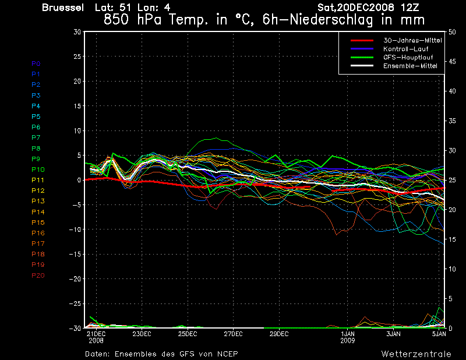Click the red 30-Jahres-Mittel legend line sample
point(362,40)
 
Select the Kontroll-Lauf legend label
point(405,49)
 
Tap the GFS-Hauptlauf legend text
point(408,57)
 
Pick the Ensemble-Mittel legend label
point(410,66)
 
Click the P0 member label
point(36,63)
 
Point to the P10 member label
point(38,170)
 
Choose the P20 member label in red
point(38,276)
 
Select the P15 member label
point(38,223)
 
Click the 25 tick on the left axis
point(77,56)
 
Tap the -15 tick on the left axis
point(75,254)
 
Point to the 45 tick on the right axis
point(452,62)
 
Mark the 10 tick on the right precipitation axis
point(452,269)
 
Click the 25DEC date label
point(188,334)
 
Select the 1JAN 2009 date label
point(347,337)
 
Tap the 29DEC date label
point(279,334)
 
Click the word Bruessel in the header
point(63,8)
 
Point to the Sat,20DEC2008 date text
point(356,8)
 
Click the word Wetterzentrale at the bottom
point(416,354)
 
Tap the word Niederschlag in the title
point(331,20)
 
